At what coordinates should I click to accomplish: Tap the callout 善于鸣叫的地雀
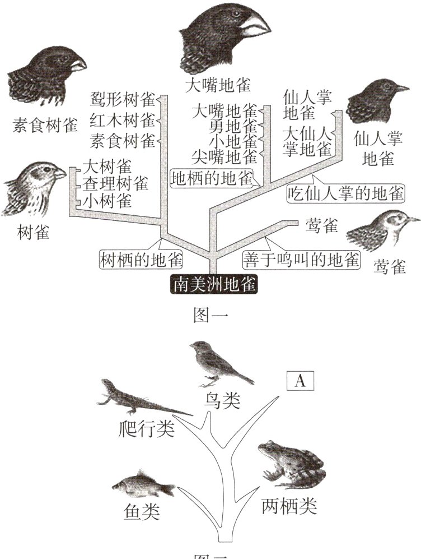click(x=301, y=260)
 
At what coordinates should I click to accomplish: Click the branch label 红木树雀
click(x=123, y=120)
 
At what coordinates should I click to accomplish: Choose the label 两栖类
click(x=289, y=506)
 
